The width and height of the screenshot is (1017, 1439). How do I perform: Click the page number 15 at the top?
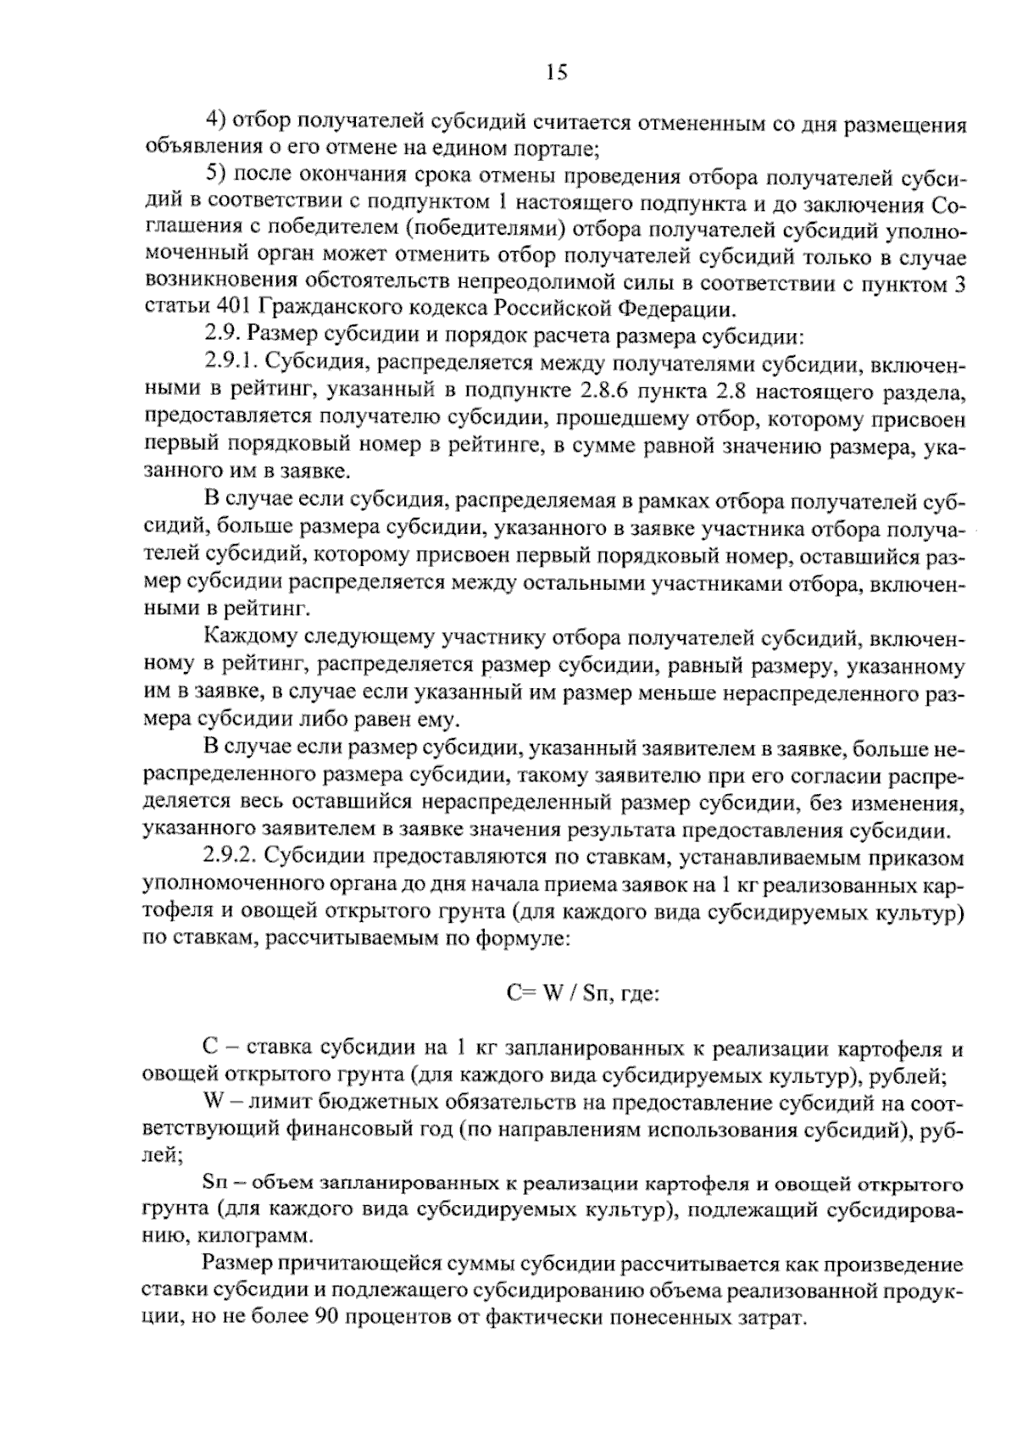point(556,73)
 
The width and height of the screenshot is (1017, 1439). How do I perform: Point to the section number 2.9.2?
point(231,858)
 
